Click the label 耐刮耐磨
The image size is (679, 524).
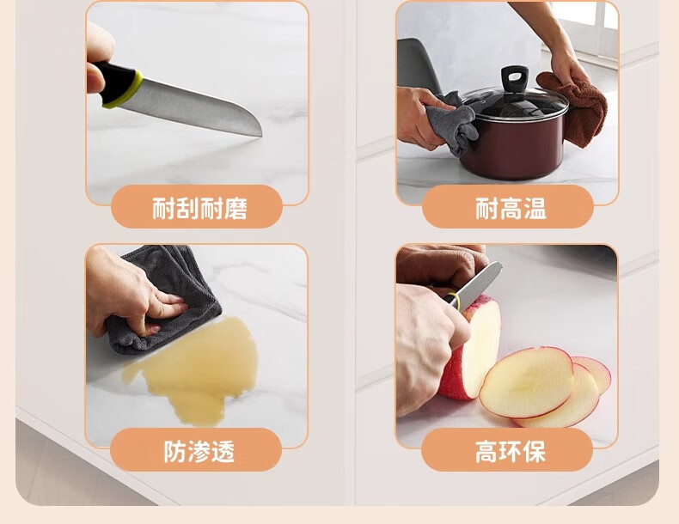coord(199,208)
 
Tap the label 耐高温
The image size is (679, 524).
coord(511,208)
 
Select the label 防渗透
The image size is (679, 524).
coord(199,451)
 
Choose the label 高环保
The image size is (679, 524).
coord(510,451)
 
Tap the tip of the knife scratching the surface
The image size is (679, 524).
coord(261,135)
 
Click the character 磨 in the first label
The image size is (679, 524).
coord(236,208)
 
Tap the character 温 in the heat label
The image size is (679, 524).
coord(535,208)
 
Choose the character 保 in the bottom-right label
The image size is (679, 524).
coord(534,451)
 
